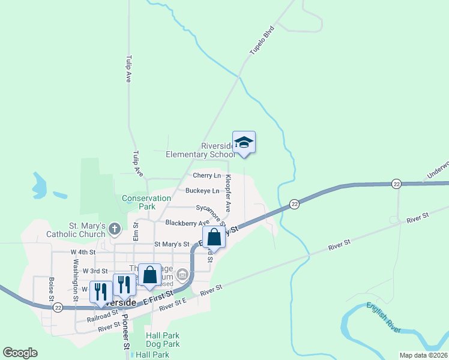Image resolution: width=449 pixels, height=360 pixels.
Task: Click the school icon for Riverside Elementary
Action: (244, 143)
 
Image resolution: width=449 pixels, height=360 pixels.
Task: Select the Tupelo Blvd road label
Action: (262, 40)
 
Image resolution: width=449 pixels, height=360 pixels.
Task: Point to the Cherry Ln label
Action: (207, 175)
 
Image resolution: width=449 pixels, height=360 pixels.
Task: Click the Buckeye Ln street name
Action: (202, 191)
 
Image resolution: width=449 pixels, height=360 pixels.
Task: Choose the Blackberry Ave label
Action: (187, 223)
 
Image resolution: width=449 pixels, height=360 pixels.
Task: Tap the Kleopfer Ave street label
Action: (228, 194)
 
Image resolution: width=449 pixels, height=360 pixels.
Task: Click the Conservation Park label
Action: (146, 202)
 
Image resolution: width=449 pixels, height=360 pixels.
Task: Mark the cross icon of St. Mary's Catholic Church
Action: (115, 229)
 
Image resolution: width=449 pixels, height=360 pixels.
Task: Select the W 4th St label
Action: (83, 252)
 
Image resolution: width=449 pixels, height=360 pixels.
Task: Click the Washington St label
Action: (76, 280)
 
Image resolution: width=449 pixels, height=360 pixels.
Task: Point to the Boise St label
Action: (52, 289)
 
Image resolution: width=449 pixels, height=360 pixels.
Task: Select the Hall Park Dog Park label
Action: (163, 340)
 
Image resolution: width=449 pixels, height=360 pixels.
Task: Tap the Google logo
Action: (20, 353)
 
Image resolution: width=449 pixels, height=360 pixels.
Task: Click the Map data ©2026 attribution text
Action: (423, 355)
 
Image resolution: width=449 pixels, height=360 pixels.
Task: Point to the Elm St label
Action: (136, 231)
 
